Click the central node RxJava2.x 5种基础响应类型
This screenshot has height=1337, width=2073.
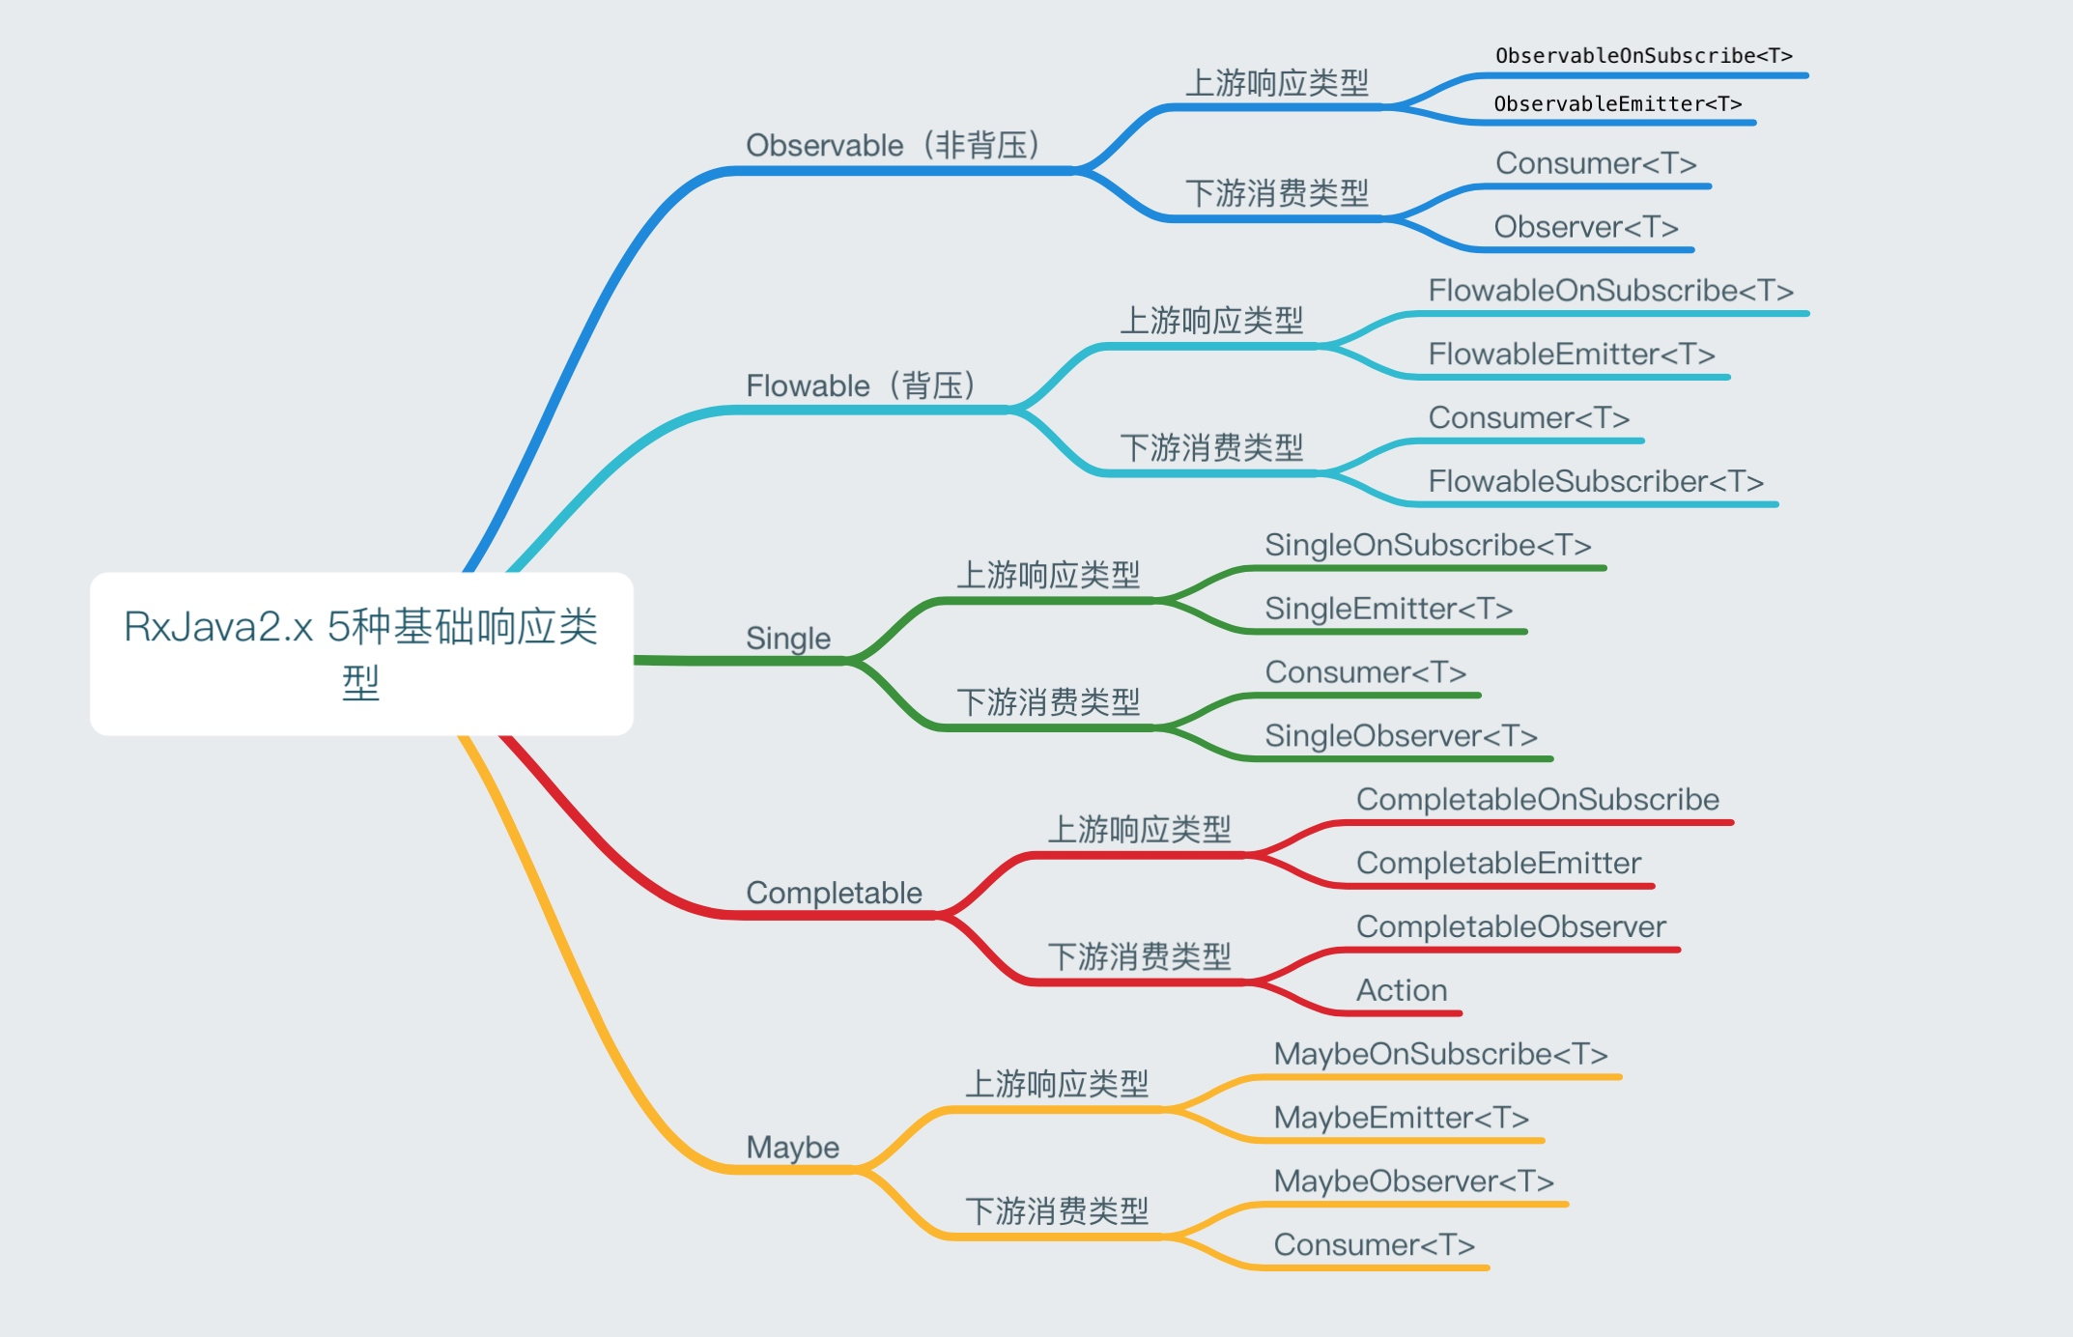(361, 653)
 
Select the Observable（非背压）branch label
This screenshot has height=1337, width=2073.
(894, 146)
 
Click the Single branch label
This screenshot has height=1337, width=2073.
(788, 639)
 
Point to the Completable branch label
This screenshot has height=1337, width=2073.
(834, 893)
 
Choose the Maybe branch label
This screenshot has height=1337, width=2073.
(792, 1148)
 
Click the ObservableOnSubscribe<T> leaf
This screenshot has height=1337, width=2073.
(1643, 56)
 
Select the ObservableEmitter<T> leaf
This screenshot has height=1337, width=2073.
(1618, 104)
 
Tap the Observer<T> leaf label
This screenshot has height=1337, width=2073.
(1586, 227)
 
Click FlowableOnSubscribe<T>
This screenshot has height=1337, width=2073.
(1610, 291)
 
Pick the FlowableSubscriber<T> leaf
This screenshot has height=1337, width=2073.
(1596, 481)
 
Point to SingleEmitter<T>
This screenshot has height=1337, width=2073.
(1388, 609)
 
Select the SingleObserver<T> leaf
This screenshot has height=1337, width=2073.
(1401, 736)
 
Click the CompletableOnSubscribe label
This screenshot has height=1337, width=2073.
(1537, 800)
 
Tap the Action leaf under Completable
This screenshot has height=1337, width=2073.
(1402, 990)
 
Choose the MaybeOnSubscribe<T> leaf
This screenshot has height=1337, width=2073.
(1440, 1054)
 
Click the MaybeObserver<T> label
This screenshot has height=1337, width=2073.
(1413, 1181)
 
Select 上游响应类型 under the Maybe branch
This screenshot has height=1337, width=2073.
(1057, 1084)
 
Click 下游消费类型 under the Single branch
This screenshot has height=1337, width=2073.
(1048, 702)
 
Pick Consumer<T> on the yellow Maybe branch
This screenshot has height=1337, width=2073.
(1374, 1245)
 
